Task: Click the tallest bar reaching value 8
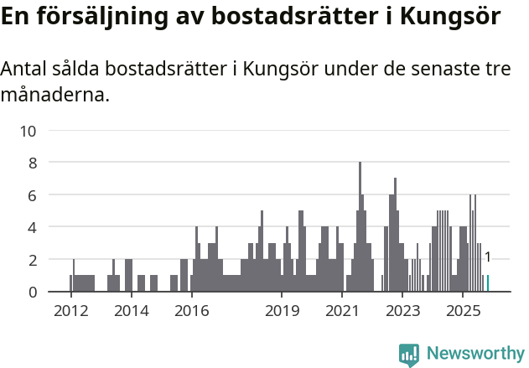360,226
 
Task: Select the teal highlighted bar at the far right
488,283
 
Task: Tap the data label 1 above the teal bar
487,257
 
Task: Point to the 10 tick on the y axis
29,131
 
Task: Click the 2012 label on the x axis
70,311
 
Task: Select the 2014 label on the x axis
131,311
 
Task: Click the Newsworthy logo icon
409,355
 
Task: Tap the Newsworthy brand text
475,354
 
